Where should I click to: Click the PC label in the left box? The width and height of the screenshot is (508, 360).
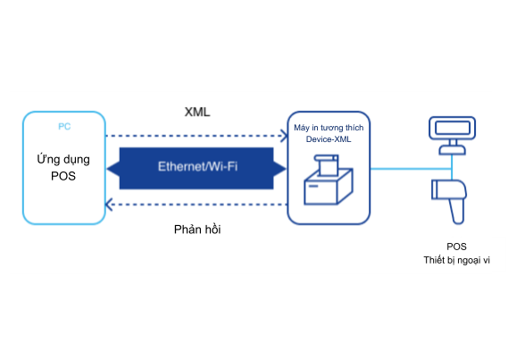coord(64,126)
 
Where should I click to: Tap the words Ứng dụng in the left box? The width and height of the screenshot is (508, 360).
coord(63,159)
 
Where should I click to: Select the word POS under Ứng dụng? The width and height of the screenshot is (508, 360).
coord(63,176)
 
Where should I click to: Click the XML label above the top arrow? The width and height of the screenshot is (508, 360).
coord(197,113)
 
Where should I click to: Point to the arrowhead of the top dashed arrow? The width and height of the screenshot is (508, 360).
coord(284,136)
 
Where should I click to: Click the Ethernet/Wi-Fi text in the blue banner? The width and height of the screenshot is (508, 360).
coord(197,166)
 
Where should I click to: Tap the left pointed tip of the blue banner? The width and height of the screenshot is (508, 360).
coord(108,169)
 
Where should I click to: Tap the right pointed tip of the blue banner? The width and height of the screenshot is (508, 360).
coord(286,169)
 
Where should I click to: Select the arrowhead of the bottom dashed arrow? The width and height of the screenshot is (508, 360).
coord(109,205)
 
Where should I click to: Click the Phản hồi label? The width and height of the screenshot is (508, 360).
coord(197,230)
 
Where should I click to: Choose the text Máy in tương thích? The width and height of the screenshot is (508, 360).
coord(329,128)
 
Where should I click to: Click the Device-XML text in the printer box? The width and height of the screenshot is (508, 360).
coord(329,139)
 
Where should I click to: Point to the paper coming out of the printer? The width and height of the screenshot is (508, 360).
coord(328,165)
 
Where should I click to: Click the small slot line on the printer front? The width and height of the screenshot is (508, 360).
coord(313,186)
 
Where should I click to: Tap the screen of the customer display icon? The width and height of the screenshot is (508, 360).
coord(453,128)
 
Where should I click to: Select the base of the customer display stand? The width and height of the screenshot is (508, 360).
coord(453,150)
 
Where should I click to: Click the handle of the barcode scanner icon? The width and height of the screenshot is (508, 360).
coord(457,211)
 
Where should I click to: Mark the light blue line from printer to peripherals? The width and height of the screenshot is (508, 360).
coord(411,169)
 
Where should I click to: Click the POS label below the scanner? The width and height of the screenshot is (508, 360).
coord(456,247)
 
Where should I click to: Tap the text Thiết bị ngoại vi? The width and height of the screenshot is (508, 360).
coord(456,260)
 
